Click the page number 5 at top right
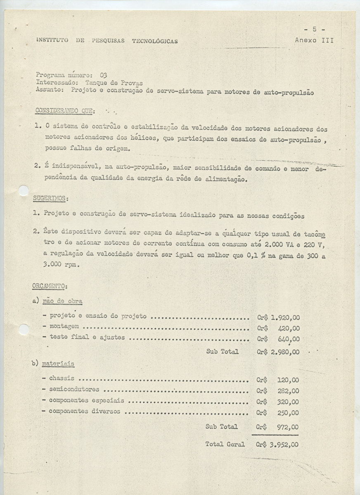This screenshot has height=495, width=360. point(315,29)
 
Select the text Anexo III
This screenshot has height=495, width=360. point(314,40)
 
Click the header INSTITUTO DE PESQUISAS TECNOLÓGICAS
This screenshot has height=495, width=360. point(107,41)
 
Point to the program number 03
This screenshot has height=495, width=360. point(103,75)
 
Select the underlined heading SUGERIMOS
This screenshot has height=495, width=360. point(49,198)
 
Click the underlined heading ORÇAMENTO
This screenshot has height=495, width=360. point(50,285)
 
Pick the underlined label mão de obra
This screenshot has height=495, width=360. point(62,301)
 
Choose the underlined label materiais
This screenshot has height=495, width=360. point(59,364)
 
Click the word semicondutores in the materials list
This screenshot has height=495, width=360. point(74,389)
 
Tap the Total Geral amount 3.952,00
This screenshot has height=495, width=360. point(284,445)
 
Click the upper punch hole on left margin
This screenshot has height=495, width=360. point(24,191)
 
